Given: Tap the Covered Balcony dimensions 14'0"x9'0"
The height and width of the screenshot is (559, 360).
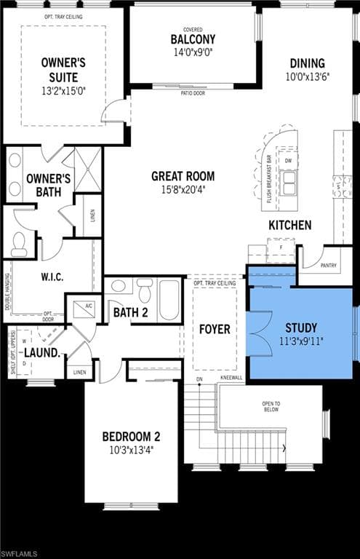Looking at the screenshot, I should click(193, 52).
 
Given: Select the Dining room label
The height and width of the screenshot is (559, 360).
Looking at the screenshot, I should click(307, 63).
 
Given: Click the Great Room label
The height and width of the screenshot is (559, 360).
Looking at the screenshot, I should click(183, 175).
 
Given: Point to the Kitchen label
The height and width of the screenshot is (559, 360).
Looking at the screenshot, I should click(289, 225).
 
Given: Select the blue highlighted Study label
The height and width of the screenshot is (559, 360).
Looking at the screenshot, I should click(300, 328).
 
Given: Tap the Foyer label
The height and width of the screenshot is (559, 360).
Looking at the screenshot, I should click(215, 329).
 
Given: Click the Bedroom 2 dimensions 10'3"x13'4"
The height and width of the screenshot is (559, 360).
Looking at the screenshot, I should click(131, 449).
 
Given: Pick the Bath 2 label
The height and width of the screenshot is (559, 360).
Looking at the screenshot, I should click(130, 313).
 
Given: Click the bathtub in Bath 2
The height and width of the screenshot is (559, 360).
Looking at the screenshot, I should click(169, 300).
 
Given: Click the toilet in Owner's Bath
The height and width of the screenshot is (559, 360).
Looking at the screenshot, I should click(19, 244).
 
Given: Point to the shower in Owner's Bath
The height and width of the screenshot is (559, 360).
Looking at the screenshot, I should click(87, 170).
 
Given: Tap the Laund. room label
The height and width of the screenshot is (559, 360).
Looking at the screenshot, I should click(41, 352).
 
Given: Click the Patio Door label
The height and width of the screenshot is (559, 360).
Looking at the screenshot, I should click(192, 92).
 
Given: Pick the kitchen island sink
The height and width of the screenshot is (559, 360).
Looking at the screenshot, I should click(289, 182).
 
